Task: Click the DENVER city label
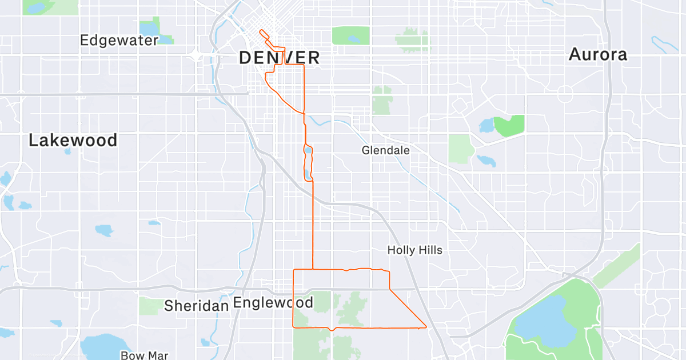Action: (279, 58)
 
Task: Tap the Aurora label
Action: (598, 55)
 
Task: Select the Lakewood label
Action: (73, 141)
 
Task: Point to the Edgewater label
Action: (119, 41)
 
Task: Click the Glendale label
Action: (385, 150)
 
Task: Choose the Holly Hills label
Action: (414, 250)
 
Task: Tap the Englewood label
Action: (273, 302)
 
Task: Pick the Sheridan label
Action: (196, 306)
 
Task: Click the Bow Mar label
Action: (144, 355)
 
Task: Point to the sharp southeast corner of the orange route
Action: (426, 327)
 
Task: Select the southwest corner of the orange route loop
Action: (293, 327)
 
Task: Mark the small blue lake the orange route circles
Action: (309, 151)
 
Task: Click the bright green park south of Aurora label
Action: (509, 125)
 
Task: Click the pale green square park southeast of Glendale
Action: (460, 149)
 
